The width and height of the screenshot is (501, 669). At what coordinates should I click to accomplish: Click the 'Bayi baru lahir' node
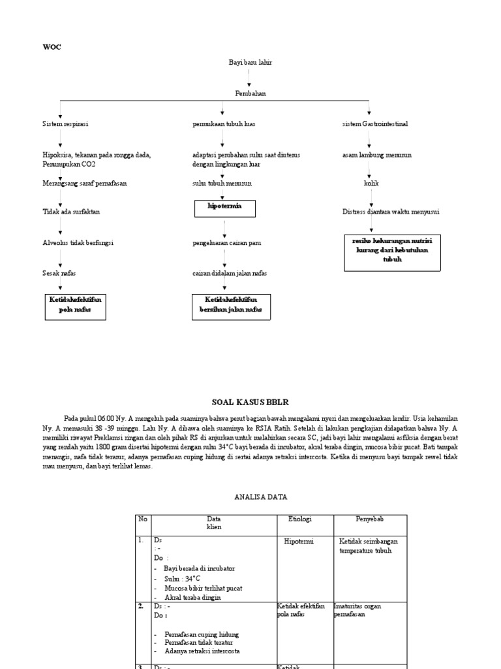point(250,62)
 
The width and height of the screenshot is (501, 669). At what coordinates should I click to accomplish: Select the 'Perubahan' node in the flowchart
point(250,93)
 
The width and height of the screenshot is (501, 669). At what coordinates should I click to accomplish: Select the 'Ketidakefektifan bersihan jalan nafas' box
point(231,305)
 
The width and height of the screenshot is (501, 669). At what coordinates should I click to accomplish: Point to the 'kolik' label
point(371,184)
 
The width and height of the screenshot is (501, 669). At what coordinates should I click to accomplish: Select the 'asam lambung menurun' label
point(376,155)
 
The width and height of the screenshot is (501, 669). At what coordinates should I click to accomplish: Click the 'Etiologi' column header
point(300,519)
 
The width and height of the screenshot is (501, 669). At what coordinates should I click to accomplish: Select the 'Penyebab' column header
point(369,519)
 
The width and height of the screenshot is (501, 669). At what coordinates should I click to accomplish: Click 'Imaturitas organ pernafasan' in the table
point(357,610)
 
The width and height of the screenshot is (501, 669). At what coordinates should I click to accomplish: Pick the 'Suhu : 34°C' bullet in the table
point(182,578)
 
